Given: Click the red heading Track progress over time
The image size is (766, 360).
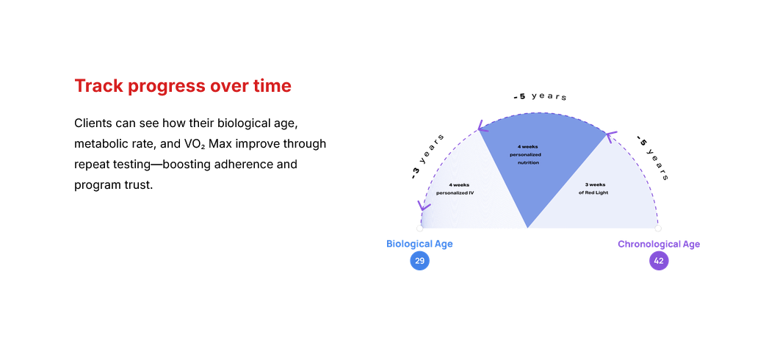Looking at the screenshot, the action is [183, 86].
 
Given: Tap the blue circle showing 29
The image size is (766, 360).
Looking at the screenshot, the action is [419, 261].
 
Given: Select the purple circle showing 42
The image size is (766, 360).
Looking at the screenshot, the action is [659, 261].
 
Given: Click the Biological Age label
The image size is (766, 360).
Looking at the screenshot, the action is [419, 244].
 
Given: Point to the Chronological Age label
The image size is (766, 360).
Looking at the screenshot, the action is [659, 244].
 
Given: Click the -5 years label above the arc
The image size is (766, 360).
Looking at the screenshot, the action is [540, 96].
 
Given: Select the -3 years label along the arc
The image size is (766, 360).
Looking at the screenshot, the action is [427, 156].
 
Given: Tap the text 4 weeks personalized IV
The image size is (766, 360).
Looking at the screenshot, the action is [455, 189].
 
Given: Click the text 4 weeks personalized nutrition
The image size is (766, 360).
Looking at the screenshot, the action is [529, 154].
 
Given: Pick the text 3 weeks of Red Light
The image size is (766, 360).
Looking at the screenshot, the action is [596, 189].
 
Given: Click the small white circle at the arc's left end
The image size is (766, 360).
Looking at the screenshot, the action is [419, 228].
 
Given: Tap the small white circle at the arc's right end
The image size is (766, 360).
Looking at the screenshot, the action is [658, 228].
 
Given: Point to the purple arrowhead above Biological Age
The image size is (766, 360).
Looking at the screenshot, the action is [423, 206].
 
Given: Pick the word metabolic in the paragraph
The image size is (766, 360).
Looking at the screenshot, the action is [95, 144].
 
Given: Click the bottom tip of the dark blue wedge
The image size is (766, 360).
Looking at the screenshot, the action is [527, 228].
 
